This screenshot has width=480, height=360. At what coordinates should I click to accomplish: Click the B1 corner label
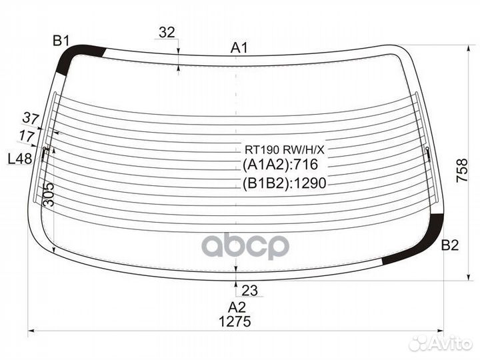[x=61, y=41]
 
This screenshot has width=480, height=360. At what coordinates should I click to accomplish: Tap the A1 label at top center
[x=239, y=48]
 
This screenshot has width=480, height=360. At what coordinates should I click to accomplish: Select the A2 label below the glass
[x=237, y=307]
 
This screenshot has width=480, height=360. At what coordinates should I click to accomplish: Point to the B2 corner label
[x=450, y=245]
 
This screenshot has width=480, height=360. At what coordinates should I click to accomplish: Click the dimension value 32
[x=167, y=32]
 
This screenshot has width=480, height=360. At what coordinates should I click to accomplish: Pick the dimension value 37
[x=31, y=118]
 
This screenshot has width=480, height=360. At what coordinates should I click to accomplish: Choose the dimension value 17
[x=27, y=135]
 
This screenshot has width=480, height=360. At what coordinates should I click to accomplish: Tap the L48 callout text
[x=19, y=159]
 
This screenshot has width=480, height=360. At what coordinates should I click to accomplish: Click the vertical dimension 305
[x=49, y=195]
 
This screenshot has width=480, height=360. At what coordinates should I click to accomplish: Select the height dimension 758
[x=462, y=171]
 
